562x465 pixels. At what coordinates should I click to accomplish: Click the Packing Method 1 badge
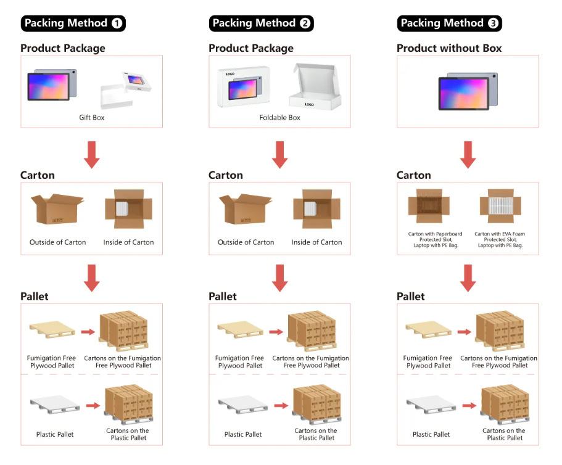pos(73,23)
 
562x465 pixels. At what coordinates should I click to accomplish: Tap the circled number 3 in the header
pos(493,23)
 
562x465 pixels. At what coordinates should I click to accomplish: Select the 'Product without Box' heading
pos(449,48)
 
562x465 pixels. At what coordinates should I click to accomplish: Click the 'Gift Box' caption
pos(92,118)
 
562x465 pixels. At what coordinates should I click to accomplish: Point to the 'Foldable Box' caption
pos(280,118)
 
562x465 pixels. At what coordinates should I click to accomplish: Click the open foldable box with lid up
pos(315,86)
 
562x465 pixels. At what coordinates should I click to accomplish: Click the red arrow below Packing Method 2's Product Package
pos(280,155)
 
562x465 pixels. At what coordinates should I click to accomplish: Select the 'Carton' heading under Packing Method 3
pos(413,175)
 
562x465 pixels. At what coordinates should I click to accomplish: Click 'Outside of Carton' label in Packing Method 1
pos(58,242)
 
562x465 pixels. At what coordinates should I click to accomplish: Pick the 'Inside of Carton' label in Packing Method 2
pos(316,242)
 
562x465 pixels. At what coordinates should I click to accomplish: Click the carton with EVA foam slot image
pos(500,206)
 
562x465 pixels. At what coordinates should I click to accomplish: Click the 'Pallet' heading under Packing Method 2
pos(223,296)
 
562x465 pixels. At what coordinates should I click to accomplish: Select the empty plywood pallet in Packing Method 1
pos(52,329)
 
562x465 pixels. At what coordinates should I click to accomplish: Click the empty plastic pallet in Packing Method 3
pos(431,405)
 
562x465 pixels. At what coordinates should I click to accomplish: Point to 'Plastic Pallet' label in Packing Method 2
pos(243,434)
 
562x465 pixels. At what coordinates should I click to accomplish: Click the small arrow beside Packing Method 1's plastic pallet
pos(93,406)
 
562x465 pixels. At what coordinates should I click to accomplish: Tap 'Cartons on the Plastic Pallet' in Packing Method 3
pos(504,434)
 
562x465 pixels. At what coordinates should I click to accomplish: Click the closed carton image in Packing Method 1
pos(57,209)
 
